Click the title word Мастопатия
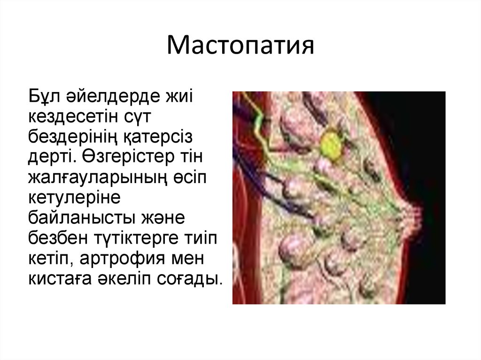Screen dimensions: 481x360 point(240,46)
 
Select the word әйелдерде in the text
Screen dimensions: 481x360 point(113,96)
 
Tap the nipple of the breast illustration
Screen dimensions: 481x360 point(415,218)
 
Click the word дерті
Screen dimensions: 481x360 point(53,157)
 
